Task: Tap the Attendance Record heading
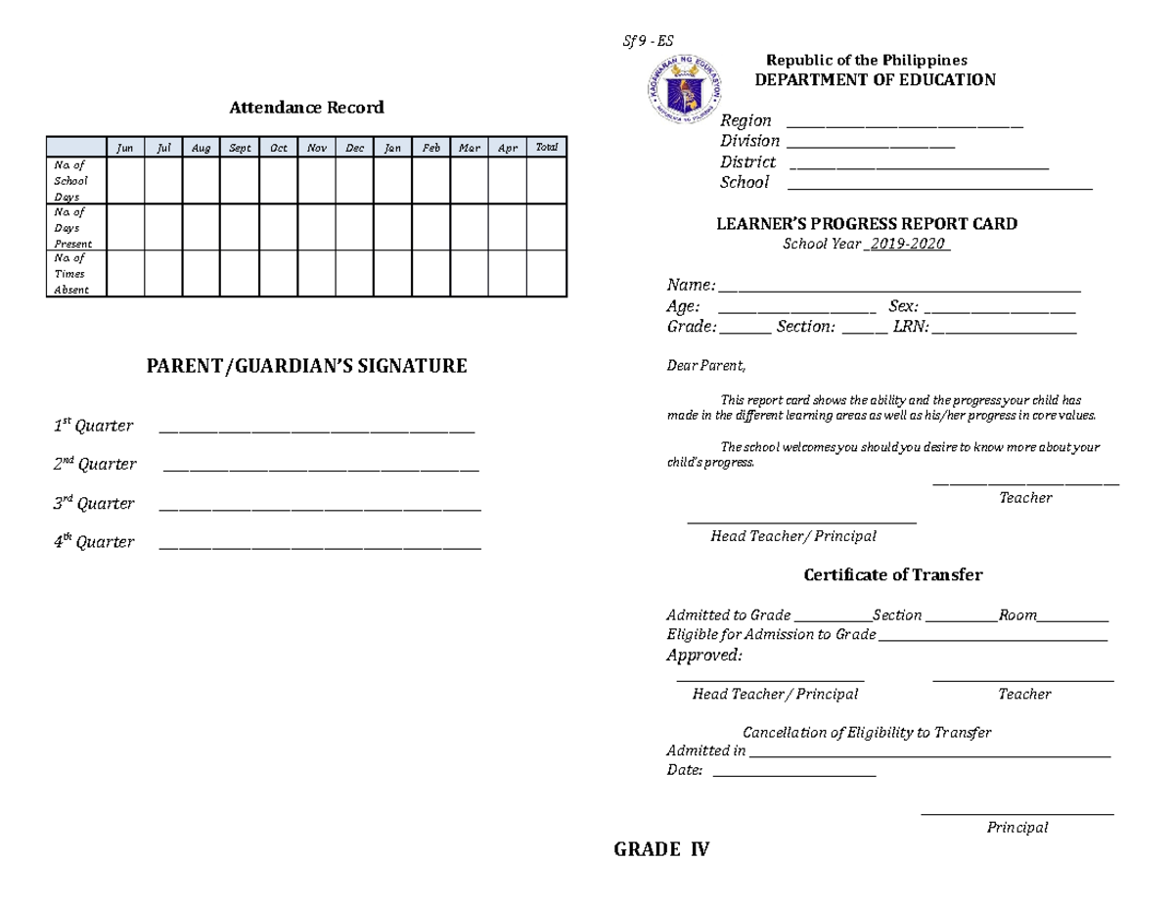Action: tap(306, 108)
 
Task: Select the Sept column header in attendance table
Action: tap(240, 149)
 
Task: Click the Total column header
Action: tap(546, 148)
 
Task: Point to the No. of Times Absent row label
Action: tap(71, 274)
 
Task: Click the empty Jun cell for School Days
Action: tap(124, 180)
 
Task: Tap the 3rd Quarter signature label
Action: tap(94, 504)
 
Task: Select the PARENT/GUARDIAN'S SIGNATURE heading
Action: tap(306, 367)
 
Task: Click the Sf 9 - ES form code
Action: tap(649, 41)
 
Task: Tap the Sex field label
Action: tap(903, 307)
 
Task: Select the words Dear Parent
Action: tap(705, 367)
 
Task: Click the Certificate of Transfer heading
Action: tap(892, 575)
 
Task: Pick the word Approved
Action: tap(703, 655)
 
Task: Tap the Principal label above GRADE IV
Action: tap(1016, 828)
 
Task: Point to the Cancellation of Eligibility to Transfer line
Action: tap(867, 733)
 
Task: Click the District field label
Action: tap(747, 162)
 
